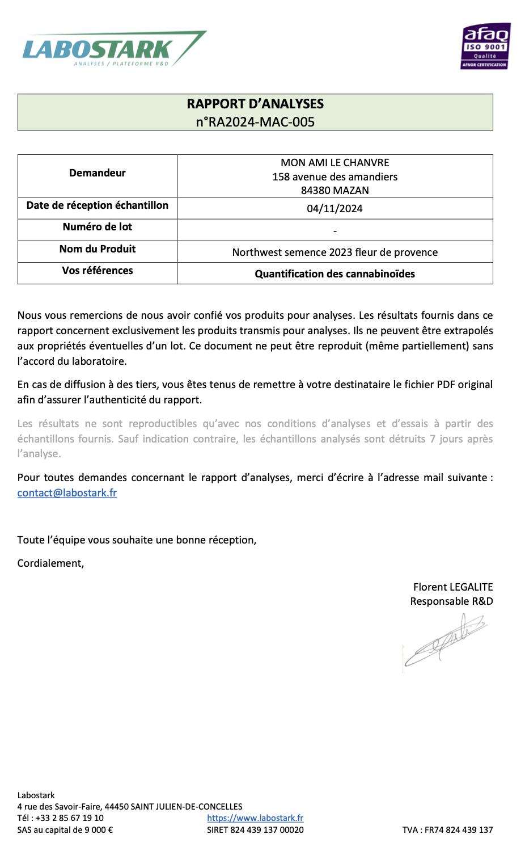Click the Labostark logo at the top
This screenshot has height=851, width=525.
(113, 49)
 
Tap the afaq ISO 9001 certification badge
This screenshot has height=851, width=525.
(485, 46)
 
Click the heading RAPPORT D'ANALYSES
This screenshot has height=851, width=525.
(255, 104)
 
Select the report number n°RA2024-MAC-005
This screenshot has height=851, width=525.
(255, 122)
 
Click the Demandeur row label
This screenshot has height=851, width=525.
(98, 173)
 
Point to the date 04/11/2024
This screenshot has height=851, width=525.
(335, 209)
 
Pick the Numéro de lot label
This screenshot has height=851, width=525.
(98, 227)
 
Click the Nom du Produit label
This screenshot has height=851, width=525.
(98, 249)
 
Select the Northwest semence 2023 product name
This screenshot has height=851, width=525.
(335, 252)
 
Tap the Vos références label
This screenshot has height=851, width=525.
(98, 271)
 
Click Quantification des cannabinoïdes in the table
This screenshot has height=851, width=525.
(335, 274)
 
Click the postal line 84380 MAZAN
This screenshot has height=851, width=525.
(335, 191)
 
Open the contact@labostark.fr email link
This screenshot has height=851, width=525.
(67, 493)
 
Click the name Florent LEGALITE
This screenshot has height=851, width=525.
(453, 587)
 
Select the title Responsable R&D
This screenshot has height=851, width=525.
(451, 601)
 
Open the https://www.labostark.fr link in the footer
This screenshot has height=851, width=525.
(255, 818)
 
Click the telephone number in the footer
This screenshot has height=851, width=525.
(70, 818)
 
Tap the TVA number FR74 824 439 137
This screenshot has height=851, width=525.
(459, 830)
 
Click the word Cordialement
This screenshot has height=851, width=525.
(50, 563)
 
